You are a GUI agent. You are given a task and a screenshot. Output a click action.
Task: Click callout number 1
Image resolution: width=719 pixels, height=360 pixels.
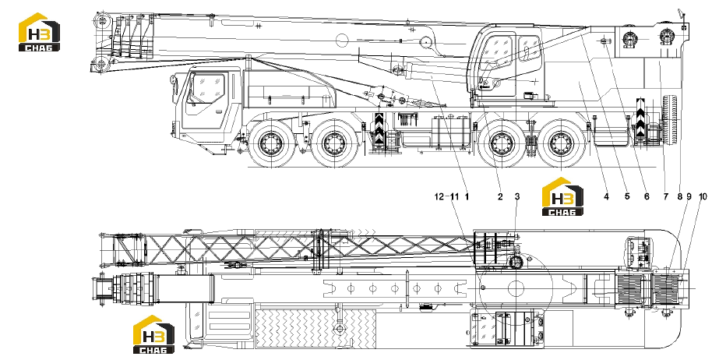pyautogui.click(x=467, y=196)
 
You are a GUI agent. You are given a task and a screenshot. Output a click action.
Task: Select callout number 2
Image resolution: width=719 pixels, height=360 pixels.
pyautogui.click(x=500, y=196)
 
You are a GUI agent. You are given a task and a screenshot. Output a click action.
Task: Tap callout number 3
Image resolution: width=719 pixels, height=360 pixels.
pyautogui.click(x=517, y=196)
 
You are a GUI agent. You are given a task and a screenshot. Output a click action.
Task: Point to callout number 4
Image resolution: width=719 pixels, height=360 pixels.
pyautogui.click(x=606, y=196)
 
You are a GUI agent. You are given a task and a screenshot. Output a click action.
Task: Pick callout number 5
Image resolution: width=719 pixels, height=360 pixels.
pyautogui.click(x=627, y=196)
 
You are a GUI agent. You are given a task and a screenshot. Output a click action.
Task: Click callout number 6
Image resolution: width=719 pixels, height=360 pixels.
pyautogui.click(x=647, y=196)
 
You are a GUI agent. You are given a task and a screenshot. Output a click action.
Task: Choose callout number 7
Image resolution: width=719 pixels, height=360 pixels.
pyautogui.click(x=665, y=196)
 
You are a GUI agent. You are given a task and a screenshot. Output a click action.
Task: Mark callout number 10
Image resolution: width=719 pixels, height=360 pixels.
pyautogui.click(x=703, y=196)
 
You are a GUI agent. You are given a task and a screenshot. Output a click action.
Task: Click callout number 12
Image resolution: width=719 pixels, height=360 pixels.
pyautogui.click(x=439, y=196)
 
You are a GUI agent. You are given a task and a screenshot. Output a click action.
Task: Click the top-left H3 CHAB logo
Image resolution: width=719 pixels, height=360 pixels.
pyautogui.click(x=40, y=32)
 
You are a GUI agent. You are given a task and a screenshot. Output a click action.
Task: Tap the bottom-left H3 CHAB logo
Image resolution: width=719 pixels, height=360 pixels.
pyautogui.click(x=153, y=334)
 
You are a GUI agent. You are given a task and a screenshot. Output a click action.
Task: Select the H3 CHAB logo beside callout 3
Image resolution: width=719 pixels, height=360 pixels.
pyautogui.click(x=562, y=196)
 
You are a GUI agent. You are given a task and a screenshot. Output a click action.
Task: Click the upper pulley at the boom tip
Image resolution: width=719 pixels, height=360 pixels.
pyautogui.click(x=103, y=20)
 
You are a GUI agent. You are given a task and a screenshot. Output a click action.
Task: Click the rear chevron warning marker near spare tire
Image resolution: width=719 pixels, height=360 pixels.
pyautogui.click(x=640, y=116)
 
